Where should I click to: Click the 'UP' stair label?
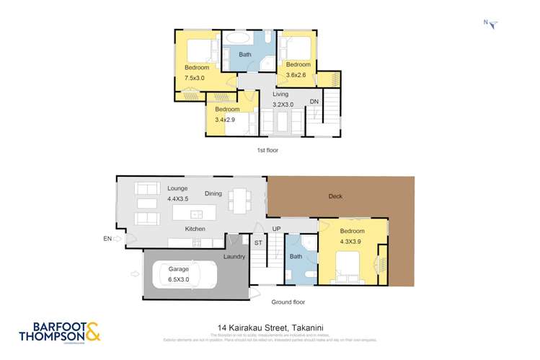(x=276, y=229)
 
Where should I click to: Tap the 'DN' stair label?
(x=314, y=102)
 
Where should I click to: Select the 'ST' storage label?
(x=257, y=242)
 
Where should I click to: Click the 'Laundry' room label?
(x=236, y=256)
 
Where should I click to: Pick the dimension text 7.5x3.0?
(x=195, y=78)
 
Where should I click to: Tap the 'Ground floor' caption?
(x=288, y=302)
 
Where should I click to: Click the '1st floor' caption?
(x=267, y=150)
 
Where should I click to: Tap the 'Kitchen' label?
(x=195, y=229)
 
